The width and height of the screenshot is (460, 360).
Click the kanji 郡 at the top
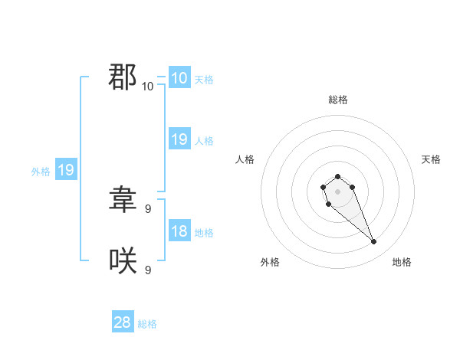pos(123,77)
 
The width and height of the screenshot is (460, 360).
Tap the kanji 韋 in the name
pos(123,200)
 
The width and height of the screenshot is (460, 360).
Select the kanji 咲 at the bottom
pos(123,261)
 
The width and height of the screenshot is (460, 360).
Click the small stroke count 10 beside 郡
pos(147,86)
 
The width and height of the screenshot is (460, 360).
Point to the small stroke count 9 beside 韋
pos(147,208)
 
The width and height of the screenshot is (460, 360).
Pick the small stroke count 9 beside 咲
pos(147,270)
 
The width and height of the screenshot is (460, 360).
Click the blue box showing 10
pos(179,78)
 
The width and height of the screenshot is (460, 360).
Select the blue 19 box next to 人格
pos(179,139)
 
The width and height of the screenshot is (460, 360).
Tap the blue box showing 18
pos(179,231)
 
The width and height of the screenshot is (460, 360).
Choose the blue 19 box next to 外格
pos(66,170)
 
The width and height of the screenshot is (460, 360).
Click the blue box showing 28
pos(123,322)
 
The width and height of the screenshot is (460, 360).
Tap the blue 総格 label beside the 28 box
pos(147,324)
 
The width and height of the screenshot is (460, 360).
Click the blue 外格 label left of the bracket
pos(41,172)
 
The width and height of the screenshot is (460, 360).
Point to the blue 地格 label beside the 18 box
pos(204,233)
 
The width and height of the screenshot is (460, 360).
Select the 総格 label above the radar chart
pos(337,100)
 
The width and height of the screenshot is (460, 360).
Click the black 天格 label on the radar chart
pos(431,159)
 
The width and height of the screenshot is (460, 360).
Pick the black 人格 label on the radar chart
pos(245,159)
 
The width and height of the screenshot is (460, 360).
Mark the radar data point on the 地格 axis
pos(374,242)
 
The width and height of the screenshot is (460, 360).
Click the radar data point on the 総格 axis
pos(337,177)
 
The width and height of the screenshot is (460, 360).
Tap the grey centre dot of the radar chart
pos(337,191)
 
